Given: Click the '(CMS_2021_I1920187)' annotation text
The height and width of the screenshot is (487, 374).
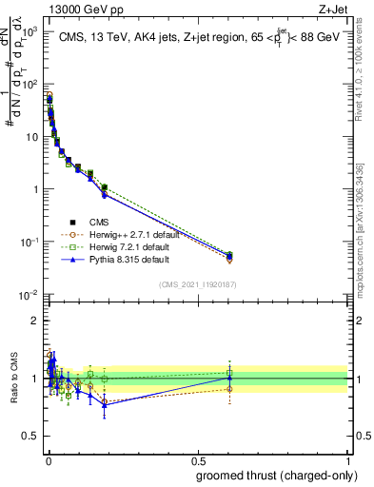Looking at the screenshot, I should coord(198,283).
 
